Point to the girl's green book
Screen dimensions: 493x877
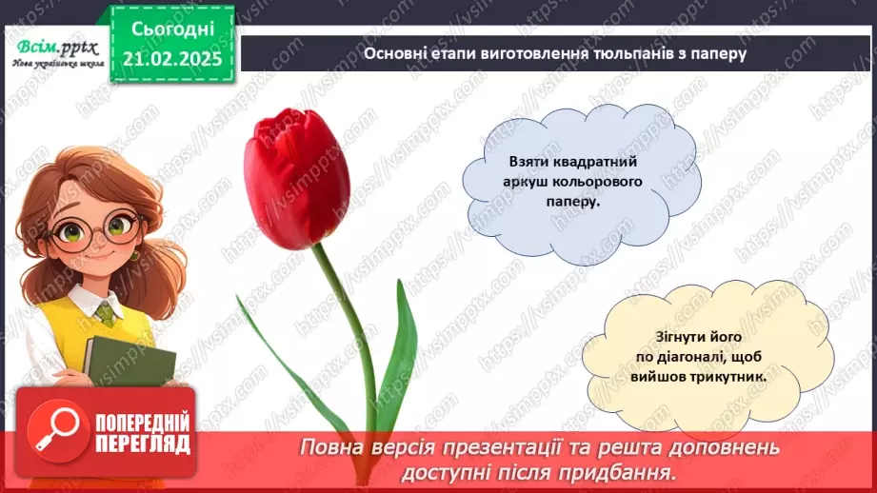130,361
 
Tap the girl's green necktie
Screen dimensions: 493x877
105,314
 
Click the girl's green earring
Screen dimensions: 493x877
133,255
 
